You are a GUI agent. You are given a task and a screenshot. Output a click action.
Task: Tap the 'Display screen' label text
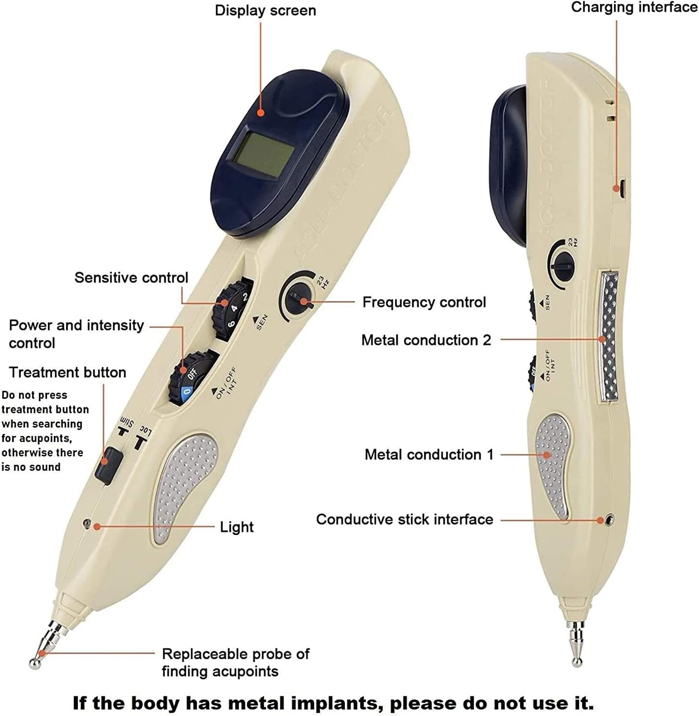click(x=265, y=11)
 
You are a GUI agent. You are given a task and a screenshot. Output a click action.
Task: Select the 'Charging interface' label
click(x=634, y=7)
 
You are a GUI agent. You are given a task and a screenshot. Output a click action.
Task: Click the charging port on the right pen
click(x=621, y=187)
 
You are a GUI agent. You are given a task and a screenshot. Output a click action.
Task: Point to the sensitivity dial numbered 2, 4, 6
click(x=233, y=308)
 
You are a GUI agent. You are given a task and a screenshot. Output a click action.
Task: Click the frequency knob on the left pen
click(x=296, y=300)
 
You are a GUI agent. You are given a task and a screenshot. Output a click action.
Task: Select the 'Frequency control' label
click(x=424, y=302)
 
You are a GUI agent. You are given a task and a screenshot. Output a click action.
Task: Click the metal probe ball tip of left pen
click(x=36, y=663)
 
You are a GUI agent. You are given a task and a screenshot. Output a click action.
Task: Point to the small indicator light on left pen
click(x=87, y=522)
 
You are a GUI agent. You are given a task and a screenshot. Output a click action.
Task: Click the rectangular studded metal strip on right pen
click(x=608, y=336)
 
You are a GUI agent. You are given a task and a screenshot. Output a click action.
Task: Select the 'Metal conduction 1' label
click(x=429, y=454)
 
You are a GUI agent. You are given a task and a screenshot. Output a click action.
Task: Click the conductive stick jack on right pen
click(x=610, y=520)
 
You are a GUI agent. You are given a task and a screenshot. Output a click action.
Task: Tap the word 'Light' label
click(x=236, y=527)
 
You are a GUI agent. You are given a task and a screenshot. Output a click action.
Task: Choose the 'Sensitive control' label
click(x=131, y=278)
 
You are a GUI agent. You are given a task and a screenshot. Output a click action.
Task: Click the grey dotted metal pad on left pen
click(x=181, y=487)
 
